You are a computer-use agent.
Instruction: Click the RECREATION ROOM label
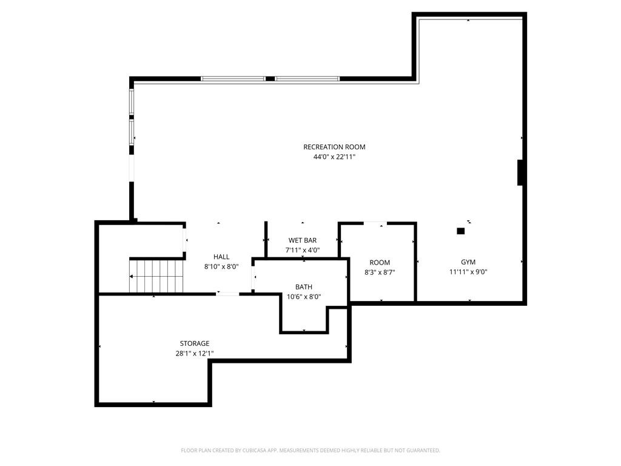tap(334, 147)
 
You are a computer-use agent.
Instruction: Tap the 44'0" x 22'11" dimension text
tap(334, 157)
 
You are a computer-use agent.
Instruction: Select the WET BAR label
tap(303, 240)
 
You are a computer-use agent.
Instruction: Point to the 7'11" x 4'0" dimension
tap(303, 250)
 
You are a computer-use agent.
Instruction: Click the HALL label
tap(221, 257)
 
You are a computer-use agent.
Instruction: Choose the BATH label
tap(304, 287)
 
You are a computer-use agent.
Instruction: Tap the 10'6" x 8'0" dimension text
tap(304, 297)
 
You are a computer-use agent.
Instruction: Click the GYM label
tap(468, 262)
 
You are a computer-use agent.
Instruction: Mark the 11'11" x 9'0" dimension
tap(468, 272)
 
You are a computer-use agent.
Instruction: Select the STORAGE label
tap(195, 343)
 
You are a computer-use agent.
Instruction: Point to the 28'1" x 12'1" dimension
tap(195, 354)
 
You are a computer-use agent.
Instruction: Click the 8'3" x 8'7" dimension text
tap(380, 272)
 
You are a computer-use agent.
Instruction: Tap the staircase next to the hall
tap(157, 276)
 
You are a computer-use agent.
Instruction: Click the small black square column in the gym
tap(461, 231)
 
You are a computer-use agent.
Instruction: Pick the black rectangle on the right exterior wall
tap(521, 172)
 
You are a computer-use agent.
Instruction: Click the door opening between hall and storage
tap(228, 294)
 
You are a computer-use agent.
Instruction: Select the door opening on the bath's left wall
tap(253, 277)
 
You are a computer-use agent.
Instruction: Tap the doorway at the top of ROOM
tap(375, 223)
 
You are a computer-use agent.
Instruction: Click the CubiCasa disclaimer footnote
tap(310, 451)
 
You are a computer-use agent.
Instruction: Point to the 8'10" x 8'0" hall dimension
tap(221, 267)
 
